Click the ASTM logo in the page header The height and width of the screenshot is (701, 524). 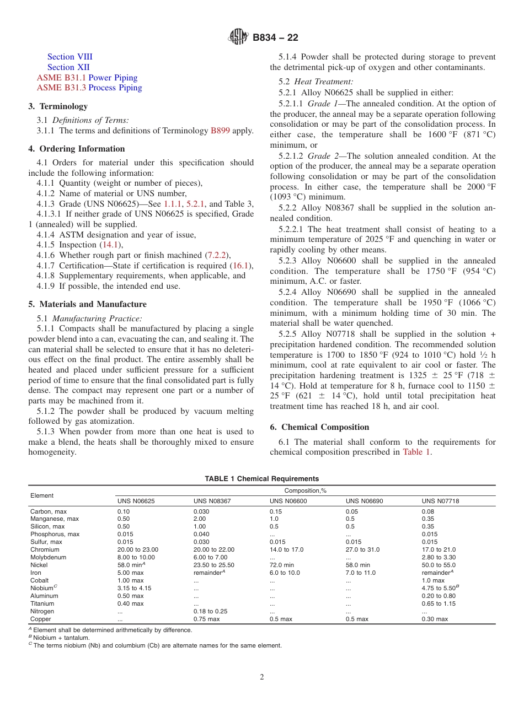tap(238, 37)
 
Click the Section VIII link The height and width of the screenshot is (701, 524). tap(69, 57)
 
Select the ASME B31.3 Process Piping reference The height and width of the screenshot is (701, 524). tap(89, 88)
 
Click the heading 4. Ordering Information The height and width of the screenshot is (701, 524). tap(77, 149)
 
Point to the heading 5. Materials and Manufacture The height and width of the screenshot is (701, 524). tap(87, 304)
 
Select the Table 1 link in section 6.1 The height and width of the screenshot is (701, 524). tap(416, 452)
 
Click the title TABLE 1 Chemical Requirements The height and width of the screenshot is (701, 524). tap(261, 479)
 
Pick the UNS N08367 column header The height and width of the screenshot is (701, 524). tap(212, 501)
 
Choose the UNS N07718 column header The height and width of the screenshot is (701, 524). tap(440, 501)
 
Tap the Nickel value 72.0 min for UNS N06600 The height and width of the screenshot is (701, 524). tap(281, 565)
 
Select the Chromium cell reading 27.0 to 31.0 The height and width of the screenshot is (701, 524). tap(362, 549)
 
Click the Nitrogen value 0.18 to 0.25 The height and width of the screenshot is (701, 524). tap(210, 611)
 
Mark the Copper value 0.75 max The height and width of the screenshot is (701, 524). tap(206, 619)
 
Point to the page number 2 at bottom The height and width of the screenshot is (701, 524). tap(262, 677)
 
